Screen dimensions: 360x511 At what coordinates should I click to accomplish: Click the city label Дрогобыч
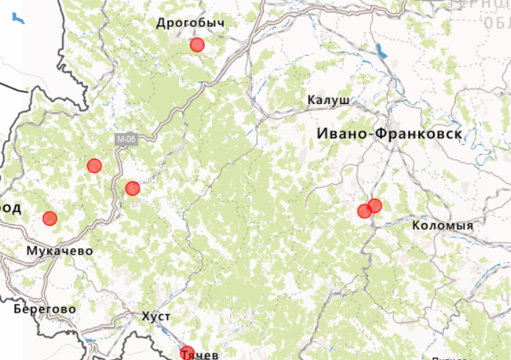190,23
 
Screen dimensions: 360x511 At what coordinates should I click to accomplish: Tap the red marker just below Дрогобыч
197,45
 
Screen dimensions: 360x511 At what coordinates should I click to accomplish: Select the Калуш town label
328,100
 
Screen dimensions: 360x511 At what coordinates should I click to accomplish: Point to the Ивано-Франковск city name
389,134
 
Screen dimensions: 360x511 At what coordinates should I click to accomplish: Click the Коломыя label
443,225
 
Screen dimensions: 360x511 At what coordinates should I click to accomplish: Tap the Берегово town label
44,308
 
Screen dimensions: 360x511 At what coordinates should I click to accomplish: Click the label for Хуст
156,317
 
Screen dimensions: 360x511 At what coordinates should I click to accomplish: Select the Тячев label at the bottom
199,355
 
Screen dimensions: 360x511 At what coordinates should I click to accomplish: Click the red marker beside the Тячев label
187,353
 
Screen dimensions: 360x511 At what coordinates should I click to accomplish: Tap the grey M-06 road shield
124,139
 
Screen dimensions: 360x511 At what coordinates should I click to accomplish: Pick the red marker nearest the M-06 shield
94,166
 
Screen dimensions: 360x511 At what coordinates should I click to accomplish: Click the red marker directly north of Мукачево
49,218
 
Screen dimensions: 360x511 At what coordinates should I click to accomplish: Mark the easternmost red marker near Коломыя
375,206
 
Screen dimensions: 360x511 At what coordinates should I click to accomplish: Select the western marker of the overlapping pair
364,212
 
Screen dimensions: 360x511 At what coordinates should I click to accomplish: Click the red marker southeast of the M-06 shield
132,189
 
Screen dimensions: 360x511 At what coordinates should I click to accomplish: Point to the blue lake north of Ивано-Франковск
379,52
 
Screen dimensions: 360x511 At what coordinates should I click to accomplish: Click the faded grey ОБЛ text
496,23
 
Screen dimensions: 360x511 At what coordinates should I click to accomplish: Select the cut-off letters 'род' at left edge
9,209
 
